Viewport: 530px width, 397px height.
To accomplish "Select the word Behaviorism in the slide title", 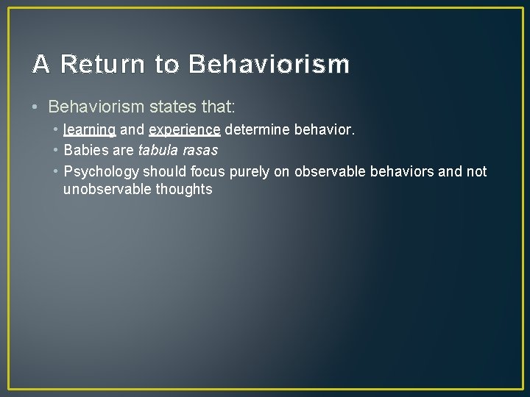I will click(269, 65).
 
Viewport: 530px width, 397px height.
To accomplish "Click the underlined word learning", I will click(90, 130).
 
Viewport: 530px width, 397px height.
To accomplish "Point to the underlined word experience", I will click(184, 130).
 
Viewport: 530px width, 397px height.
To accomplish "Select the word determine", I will click(257, 130).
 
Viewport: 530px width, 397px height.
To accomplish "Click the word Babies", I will click(86, 151).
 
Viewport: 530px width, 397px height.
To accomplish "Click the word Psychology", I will click(101, 172).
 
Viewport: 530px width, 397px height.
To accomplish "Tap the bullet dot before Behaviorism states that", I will click(36, 108).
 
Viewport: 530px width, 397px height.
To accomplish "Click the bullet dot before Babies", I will click(55, 151).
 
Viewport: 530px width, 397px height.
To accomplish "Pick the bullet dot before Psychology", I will click(55, 172).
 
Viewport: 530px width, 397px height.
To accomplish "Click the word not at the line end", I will click(476, 172).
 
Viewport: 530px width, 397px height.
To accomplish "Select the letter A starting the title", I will click(41, 65).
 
